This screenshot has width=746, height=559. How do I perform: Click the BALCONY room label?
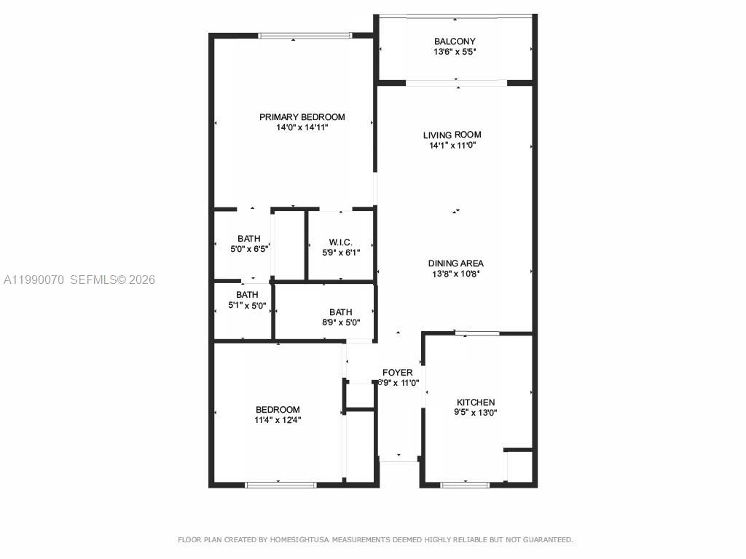click(x=455, y=41)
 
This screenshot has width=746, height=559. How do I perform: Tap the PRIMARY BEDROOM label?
click(x=302, y=117)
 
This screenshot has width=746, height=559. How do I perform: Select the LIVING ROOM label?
click(x=452, y=135)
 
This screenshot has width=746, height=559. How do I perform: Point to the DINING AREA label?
click(x=455, y=263)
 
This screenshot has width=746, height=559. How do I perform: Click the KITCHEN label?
click(x=475, y=403)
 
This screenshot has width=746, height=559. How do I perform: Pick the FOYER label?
click(x=397, y=373)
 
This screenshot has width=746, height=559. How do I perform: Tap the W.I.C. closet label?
click(x=340, y=242)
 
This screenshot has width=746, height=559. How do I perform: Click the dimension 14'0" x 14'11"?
click(x=302, y=127)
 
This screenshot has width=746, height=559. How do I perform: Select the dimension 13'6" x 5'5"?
click(x=455, y=52)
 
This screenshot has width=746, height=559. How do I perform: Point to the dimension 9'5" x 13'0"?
click(x=475, y=413)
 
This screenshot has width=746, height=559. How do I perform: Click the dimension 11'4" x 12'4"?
click(x=278, y=419)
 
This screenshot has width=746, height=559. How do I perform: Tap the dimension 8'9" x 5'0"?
click(x=340, y=322)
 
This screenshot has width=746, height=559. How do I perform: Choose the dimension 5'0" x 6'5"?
click(x=248, y=249)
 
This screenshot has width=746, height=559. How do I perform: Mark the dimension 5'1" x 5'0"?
click(x=246, y=305)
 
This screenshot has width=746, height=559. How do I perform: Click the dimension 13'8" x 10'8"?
click(x=455, y=274)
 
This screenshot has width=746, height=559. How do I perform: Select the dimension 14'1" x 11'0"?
click(x=452, y=145)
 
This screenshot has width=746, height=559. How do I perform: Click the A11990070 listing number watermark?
click(x=34, y=279)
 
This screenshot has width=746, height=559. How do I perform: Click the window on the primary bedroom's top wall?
click(x=305, y=35)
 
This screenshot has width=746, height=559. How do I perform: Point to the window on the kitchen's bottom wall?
click(x=465, y=484)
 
